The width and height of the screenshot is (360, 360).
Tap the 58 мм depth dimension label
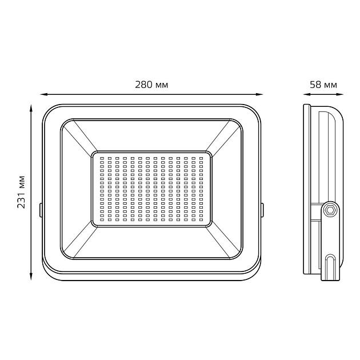pos(323,85)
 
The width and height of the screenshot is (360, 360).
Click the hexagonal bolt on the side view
pos(330,210)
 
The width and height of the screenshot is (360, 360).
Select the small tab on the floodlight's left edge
pos(41,210)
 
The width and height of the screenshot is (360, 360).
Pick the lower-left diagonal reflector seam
pos(78,239)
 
